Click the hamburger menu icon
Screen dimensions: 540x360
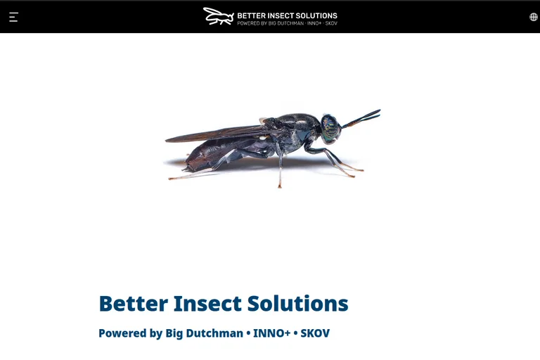(x=14, y=17)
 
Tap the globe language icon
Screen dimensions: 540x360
(x=534, y=17)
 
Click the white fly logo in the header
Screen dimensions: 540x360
(x=219, y=16)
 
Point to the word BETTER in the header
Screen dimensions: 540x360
(x=252, y=15)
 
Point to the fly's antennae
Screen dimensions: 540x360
(x=361, y=118)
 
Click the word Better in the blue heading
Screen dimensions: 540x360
(x=134, y=304)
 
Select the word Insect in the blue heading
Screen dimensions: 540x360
(x=207, y=304)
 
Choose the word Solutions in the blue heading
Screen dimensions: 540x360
(x=298, y=304)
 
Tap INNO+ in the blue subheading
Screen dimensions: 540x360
(x=271, y=333)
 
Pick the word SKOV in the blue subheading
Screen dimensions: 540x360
(x=315, y=333)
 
